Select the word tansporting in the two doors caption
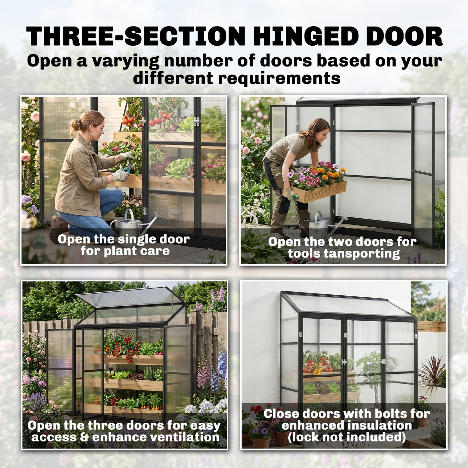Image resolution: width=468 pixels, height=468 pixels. click(344, 254)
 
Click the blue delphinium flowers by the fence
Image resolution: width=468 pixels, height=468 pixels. click(222, 366)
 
